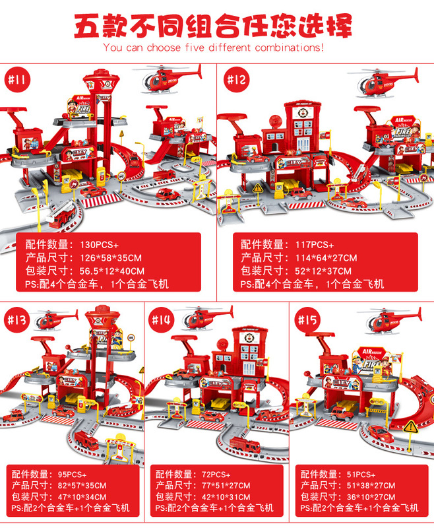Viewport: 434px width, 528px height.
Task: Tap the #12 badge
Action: pos(237,81)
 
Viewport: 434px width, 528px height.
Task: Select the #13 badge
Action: pos(19,320)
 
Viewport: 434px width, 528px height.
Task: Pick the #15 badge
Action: pos(308,320)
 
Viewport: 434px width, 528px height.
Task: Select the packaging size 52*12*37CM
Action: pos(323,271)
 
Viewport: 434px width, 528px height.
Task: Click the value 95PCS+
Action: pos(69,474)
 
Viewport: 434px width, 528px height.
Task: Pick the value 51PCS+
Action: pos(359,474)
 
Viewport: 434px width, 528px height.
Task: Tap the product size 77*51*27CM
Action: pos(224,485)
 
